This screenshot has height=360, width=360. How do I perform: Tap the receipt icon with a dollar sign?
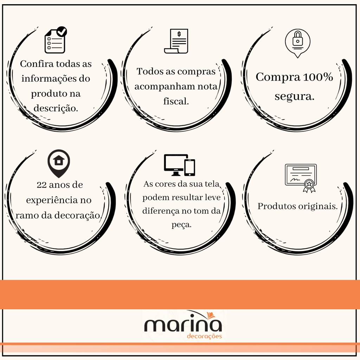[176, 41]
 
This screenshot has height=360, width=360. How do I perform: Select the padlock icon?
[297, 43]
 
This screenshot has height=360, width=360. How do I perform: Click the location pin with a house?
[59, 163]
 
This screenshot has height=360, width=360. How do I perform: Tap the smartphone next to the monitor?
[190, 167]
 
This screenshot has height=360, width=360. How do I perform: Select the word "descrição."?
[56, 108]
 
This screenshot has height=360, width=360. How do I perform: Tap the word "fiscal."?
[176, 101]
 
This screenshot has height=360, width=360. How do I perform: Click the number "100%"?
[318, 77]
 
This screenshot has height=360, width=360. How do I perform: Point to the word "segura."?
[294, 96]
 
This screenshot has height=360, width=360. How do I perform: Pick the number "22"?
[41, 185]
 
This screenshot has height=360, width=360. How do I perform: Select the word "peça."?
[181, 225]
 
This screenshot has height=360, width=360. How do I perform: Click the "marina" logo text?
[183, 324]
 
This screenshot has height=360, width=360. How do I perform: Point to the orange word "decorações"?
[204, 336]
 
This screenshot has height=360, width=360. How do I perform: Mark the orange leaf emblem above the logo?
[211, 315]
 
